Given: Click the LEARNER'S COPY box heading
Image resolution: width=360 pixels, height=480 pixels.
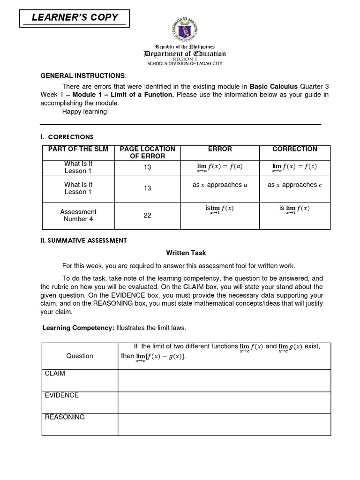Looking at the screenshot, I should coord(75,18).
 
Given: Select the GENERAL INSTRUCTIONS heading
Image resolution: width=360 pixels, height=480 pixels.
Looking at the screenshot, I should coord(83,76).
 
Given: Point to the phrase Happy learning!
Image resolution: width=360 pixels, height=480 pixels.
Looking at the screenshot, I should coord(85,112).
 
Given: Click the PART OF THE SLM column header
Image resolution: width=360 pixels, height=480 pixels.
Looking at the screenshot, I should coord(78,149).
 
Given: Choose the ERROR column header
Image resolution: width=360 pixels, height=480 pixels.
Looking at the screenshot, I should coord(220,149).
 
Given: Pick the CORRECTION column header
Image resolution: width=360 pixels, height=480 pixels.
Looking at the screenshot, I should coord(294,149).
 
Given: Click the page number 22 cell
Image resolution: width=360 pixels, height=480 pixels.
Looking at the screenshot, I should coord(147,216).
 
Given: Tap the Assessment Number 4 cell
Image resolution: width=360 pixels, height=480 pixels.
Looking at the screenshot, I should coord(78,215).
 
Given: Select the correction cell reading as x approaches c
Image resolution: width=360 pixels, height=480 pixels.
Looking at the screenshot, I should coord(294,185).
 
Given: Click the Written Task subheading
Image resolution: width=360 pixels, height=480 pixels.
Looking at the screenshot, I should coord(186,253).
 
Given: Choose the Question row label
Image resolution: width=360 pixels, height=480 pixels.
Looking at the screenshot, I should coord(80,356).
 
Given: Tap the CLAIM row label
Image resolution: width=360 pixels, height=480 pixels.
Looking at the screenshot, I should coord(55,374).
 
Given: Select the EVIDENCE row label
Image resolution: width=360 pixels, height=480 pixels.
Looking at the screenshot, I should coord(62,395).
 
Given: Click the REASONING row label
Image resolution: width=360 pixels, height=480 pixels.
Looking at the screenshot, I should coord(65,417).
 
